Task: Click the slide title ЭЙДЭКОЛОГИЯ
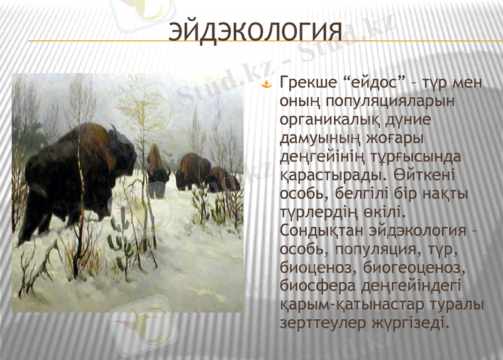tap(257, 31)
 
